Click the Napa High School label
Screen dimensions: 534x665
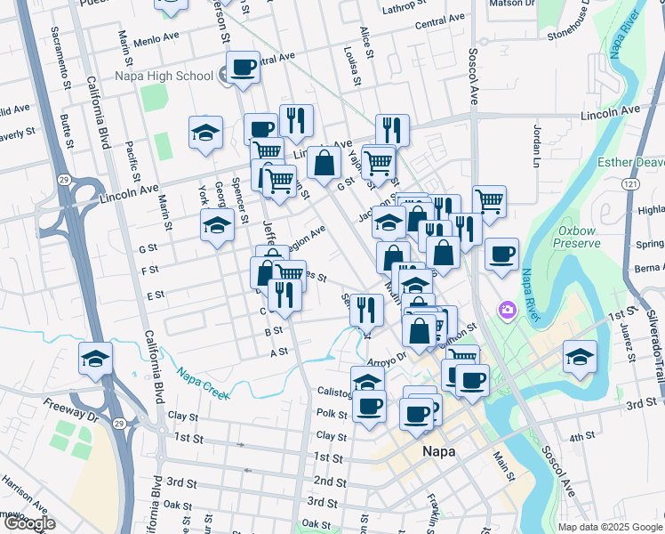click(x=164, y=76)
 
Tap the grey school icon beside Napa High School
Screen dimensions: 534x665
click(x=227, y=76)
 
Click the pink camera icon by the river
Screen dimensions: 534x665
click(x=508, y=310)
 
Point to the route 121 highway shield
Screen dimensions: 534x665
click(x=629, y=183)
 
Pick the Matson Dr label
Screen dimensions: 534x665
click(x=512, y=4)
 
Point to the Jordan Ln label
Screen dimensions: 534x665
click(x=536, y=145)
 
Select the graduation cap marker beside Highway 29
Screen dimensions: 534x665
click(x=96, y=359)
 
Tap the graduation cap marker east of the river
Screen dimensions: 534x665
click(x=580, y=357)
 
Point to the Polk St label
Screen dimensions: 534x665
click(x=332, y=414)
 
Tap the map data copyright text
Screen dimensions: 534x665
click(x=610, y=527)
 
